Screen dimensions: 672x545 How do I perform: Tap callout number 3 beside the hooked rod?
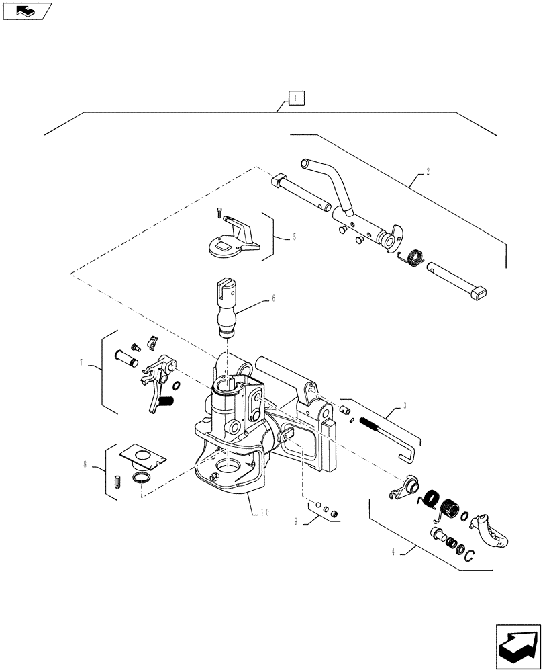click(x=405, y=405)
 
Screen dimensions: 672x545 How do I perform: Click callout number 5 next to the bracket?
click(x=294, y=237)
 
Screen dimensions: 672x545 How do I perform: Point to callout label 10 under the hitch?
click(x=266, y=513)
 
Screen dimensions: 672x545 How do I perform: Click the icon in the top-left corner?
click(x=27, y=10)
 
